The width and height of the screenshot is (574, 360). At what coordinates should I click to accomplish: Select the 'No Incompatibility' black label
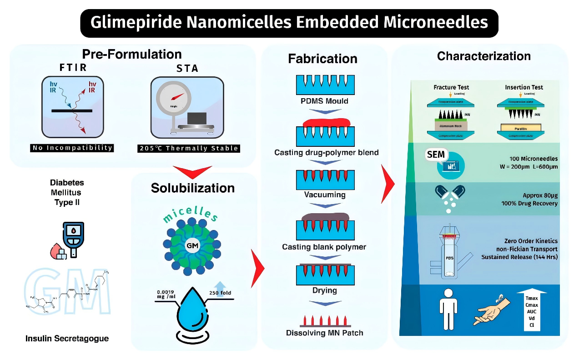coord(72,148)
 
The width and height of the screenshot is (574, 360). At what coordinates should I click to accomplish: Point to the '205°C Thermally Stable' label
coord(188,148)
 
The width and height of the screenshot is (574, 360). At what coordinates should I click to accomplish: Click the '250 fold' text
coord(220,293)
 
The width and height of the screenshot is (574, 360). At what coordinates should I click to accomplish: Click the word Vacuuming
coord(325,195)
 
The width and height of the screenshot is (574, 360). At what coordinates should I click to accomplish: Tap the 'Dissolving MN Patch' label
coord(325,333)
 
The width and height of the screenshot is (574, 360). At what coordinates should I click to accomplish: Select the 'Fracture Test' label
coord(451,87)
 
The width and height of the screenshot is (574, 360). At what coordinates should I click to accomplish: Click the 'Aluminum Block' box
coord(451,125)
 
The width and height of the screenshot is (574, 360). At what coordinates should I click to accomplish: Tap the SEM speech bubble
coord(435,155)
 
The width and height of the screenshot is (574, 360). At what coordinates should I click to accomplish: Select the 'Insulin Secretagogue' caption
coord(67,339)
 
